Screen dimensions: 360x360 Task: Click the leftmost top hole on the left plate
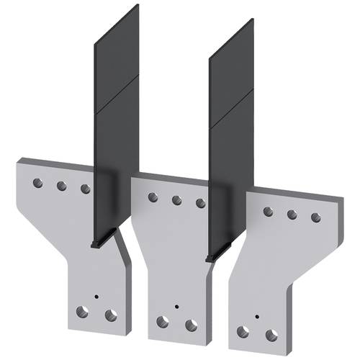tap(38, 183)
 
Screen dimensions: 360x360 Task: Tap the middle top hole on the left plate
tap(62, 186)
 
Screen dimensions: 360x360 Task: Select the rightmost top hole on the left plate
tap(86, 189)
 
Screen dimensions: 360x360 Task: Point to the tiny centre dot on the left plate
tap(96, 296)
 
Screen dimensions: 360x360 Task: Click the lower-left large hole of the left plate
tap(84, 312)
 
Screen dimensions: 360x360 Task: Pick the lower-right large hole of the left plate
tap(111, 315)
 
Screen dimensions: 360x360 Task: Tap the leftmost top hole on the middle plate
tap(153, 197)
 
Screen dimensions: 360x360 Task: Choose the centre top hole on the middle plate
tap(176, 200)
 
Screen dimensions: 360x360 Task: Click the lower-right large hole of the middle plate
tap(192, 325)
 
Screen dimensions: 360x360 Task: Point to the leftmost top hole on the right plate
tap(268, 211)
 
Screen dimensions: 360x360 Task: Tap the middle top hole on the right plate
tap(292, 214)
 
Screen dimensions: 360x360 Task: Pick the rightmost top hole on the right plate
tap(315, 217)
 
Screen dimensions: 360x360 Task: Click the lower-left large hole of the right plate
tap(244, 332)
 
